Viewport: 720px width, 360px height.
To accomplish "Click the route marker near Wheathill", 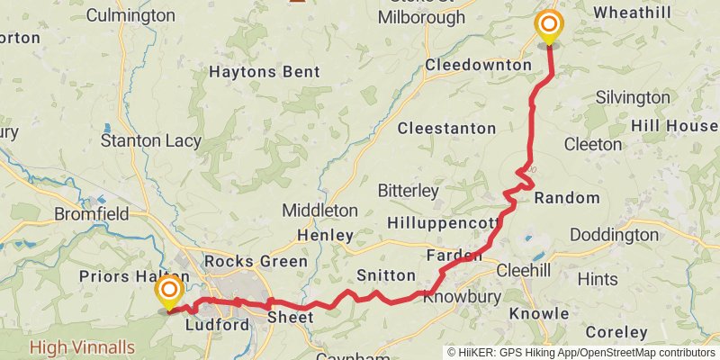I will point(548,27).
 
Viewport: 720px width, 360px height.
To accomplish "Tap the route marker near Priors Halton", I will point(168,292).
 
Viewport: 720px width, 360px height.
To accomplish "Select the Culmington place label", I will point(131,15).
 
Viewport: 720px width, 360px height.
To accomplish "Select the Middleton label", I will point(319,211).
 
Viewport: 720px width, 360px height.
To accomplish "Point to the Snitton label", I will point(386,275).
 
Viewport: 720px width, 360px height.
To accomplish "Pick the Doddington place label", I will point(614,235).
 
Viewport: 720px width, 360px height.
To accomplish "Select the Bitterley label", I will point(408,191).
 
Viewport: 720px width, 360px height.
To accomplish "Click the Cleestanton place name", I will point(446,129).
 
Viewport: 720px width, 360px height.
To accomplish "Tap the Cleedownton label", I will point(478,66).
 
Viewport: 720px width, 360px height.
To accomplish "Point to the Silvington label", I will point(632,97).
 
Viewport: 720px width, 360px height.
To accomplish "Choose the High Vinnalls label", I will point(82,346).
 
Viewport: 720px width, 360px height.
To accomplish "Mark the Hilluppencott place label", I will point(442,222).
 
